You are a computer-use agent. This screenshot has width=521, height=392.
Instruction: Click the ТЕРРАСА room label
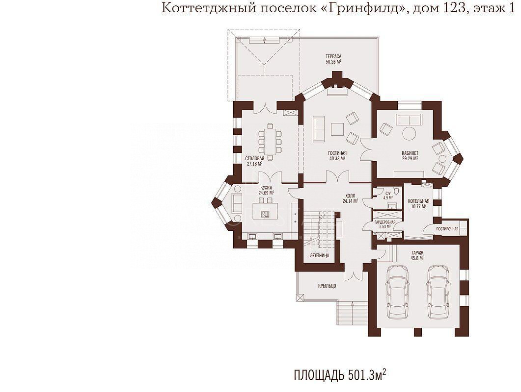[333, 56]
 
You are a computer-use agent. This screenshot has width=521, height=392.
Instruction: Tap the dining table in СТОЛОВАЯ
[271, 142]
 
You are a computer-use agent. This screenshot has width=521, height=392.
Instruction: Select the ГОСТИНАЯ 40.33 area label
[337, 155]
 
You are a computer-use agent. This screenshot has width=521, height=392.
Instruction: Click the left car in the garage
[398, 292]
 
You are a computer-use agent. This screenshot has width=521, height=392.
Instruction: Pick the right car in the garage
[439, 292]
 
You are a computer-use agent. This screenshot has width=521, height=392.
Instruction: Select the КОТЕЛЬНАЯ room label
[418, 201]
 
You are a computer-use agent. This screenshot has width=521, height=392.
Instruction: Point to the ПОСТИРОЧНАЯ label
[447, 229]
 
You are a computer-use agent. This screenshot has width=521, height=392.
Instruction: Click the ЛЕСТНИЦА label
[319, 256]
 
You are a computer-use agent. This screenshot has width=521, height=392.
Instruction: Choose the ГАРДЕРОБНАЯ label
[385, 222]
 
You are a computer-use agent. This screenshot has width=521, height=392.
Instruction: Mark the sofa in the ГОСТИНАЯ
[318, 129]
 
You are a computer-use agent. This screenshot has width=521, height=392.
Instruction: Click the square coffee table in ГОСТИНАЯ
[337, 129]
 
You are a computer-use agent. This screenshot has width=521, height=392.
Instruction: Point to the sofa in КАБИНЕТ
[409, 119]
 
